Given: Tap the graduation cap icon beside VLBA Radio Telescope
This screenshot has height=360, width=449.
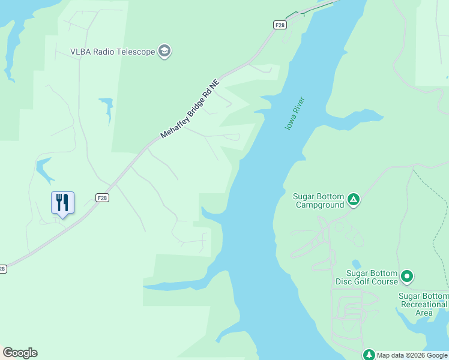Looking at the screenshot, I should (x=164, y=51).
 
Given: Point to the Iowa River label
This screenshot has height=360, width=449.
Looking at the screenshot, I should (x=295, y=114).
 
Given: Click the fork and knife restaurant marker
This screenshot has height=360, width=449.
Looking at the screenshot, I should (x=62, y=203).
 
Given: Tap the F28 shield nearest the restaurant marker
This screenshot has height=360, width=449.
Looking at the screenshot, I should (x=103, y=197).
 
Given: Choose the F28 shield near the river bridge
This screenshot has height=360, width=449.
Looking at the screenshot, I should (x=280, y=25).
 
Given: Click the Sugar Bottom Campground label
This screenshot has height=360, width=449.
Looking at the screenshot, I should (x=319, y=200).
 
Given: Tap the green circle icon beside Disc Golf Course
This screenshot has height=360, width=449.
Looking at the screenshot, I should (x=408, y=277).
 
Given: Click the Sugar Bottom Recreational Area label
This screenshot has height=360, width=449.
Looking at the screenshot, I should (x=424, y=304).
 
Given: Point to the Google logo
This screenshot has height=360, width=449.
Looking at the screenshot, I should (x=20, y=353).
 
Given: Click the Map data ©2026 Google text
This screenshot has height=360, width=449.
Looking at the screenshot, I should (x=412, y=355).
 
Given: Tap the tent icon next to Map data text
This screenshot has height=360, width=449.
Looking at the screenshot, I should (x=369, y=355).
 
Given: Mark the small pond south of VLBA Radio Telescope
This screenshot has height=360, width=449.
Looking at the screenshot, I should (x=107, y=107).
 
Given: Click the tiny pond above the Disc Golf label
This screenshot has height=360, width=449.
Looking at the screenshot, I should (x=357, y=264).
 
